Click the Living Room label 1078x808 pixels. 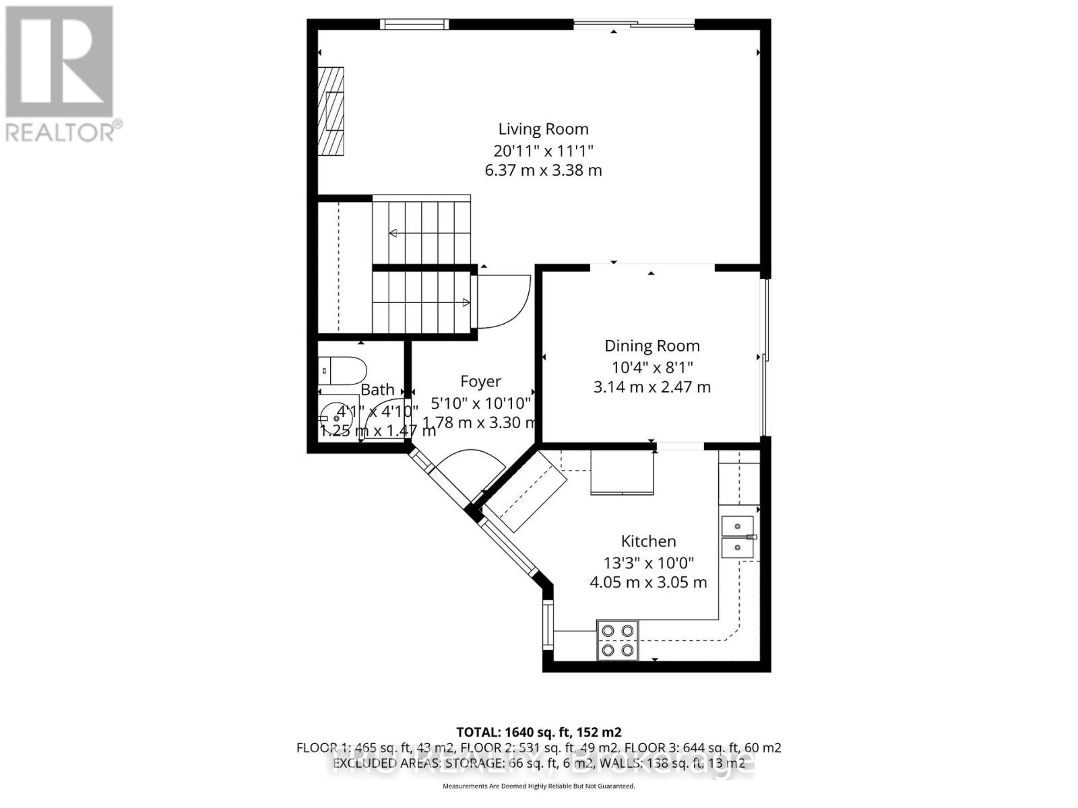(x=543, y=129)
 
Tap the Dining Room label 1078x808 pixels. (x=652, y=345)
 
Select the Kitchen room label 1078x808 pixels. (x=648, y=541)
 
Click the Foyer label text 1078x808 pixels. (x=480, y=381)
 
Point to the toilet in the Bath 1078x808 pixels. (x=343, y=370)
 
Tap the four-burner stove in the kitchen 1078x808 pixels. (x=618, y=640)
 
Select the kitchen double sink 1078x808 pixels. (x=738, y=536)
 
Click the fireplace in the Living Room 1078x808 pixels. (x=331, y=111)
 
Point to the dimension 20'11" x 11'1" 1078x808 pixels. (x=543, y=149)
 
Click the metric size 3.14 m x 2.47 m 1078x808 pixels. (x=652, y=387)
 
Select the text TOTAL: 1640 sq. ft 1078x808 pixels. (x=538, y=732)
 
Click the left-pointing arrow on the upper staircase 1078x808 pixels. (x=393, y=233)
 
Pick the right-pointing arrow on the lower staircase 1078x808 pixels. (x=466, y=302)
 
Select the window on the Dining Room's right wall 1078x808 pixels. (x=764, y=357)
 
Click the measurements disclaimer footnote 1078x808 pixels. (x=538, y=786)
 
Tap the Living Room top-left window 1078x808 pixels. (x=414, y=24)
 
